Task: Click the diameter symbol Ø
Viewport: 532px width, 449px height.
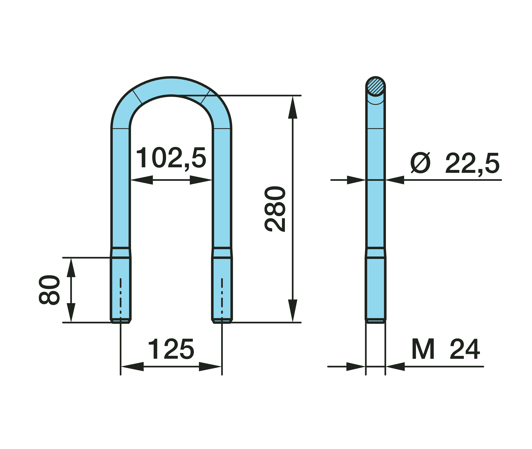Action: click(x=420, y=163)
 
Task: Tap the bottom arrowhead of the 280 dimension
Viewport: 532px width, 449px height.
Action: click(x=293, y=310)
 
